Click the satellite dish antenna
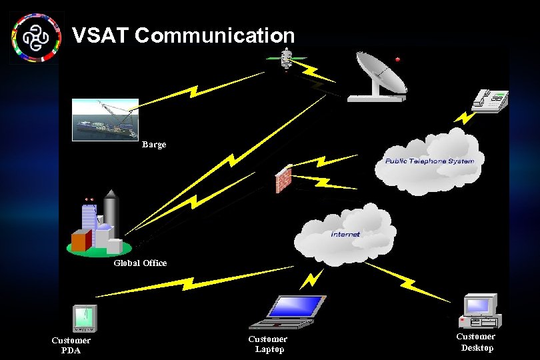379,76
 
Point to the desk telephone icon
491,99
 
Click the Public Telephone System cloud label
429,161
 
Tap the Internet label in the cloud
345,234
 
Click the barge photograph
105,120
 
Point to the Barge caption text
154,144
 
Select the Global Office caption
140,263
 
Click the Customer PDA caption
71,345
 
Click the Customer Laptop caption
268,344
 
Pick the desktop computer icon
480,311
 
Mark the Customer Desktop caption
476,342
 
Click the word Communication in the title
214,35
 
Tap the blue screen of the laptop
296,306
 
